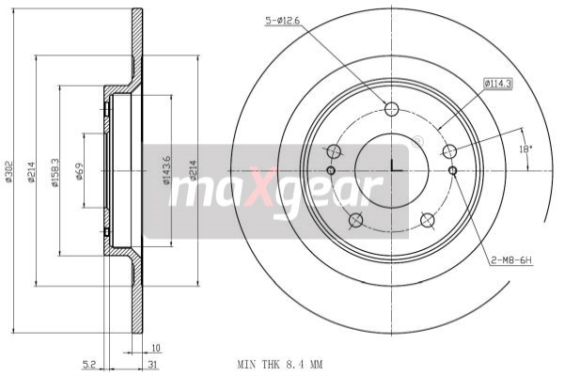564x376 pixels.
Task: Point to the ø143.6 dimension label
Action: [x=168, y=170]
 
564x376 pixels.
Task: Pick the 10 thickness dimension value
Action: [x=156, y=348]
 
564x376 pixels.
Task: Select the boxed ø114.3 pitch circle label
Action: [x=497, y=83]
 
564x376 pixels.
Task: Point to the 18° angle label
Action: [x=525, y=149]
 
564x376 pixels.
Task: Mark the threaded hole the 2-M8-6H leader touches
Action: [x=453, y=170]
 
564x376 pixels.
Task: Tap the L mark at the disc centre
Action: [x=394, y=167]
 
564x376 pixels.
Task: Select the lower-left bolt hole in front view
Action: [x=355, y=221]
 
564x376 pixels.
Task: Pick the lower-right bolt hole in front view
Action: [x=428, y=221]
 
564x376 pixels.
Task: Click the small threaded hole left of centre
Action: [x=330, y=170]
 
